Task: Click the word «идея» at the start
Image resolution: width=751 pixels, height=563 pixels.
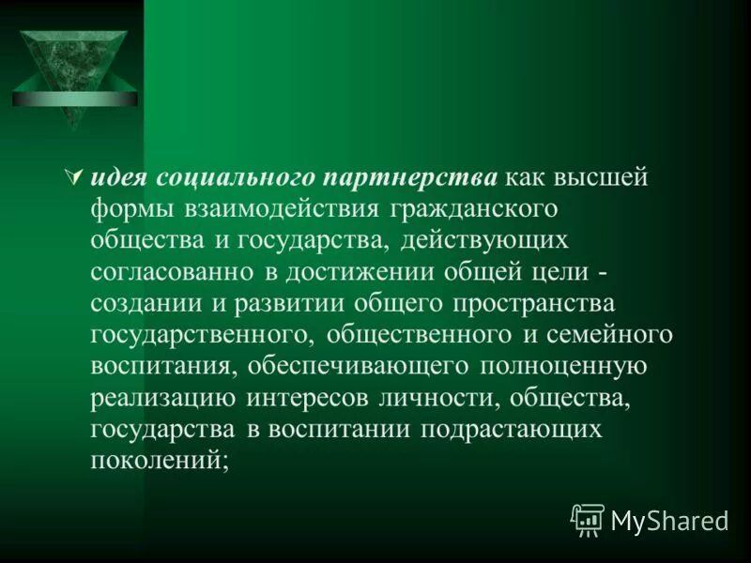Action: click(123, 177)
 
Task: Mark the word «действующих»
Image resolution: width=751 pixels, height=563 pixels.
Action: click(484, 240)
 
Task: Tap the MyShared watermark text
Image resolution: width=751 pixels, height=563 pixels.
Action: click(668, 521)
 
